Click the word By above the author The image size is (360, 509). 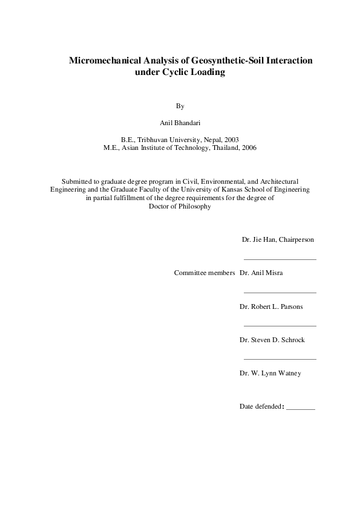[x=180, y=106]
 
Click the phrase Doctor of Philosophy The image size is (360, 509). [x=180, y=206]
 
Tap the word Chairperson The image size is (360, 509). [x=295, y=240]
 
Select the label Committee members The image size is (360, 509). [x=205, y=273]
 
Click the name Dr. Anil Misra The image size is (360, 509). [x=261, y=273]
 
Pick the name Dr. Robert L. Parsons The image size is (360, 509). [x=271, y=307]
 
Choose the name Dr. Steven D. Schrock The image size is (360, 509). [x=272, y=340]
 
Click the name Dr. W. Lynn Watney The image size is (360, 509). [x=270, y=374]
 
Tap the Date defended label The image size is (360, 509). [x=261, y=406]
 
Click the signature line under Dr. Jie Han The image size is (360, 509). [x=280, y=259]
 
